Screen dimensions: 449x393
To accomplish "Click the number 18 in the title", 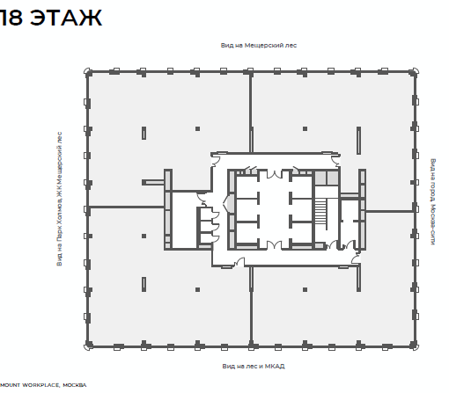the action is point(11,18).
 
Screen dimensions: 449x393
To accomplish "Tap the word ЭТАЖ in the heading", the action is point(66,18).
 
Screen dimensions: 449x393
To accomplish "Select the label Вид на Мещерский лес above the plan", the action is point(259,46).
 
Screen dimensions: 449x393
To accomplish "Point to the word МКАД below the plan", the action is point(275,366).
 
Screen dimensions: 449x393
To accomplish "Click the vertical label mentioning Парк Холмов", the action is point(59,199).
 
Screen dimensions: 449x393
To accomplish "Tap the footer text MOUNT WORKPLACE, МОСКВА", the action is point(43,385).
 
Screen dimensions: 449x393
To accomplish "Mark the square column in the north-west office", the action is point(197,128).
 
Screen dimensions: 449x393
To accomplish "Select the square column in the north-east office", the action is point(305,128).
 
